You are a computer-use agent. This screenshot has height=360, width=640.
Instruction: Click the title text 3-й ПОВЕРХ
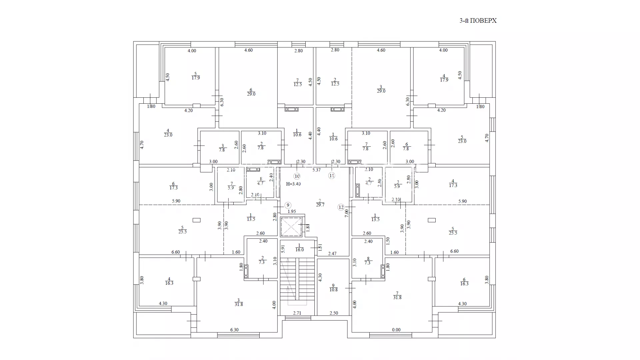pyautogui.click(x=478, y=21)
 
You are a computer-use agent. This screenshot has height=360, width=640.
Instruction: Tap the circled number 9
pyautogui.click(x=288, y=205)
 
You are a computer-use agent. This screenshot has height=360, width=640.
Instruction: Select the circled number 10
pyautogui.click(x=297, y=176)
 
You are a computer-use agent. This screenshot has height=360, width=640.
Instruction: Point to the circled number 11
pyautogui.click(x=331, y=176)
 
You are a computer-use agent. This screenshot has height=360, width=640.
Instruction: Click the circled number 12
pyautogui.click(x=341, y=207)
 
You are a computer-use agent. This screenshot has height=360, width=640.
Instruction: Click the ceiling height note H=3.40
pyautogui.click(x=293, y=184)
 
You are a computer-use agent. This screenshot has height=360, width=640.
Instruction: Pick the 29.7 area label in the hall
pyautogui.click(x=320, y=205)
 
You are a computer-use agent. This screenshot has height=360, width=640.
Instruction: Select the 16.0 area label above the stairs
pyautogui.click(x=299, y=250)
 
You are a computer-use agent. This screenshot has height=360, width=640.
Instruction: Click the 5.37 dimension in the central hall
pyautogui.click(x=316, y=170)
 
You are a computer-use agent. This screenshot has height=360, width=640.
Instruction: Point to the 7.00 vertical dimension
pyautogui.click(x=347, y=213)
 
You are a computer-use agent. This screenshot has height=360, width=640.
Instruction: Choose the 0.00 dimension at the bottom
pyautogui.click(x=396, y=330)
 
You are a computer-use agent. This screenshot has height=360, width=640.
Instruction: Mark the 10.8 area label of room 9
pyautogui.click(x=333, y=290)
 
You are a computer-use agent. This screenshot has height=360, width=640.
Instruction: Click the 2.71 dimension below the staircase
pyautogui.click(x=297, y=313)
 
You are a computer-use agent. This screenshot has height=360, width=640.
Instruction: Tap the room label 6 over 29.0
pyautogui.click(x=251, y=92)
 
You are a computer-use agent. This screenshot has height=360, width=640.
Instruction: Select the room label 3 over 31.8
pyautogui.click(x=239, y=302)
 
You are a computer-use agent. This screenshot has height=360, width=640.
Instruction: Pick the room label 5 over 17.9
pyautogui.click(x=196, y=76)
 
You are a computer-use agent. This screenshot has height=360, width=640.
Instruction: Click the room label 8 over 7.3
pyautogui.click(x=368, y=261)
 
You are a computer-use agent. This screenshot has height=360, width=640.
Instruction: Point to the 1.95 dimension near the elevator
pyautogui.click(x=292, y=212)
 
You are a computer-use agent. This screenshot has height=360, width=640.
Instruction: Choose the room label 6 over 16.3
pyautogui.click(x=464, y=282)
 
